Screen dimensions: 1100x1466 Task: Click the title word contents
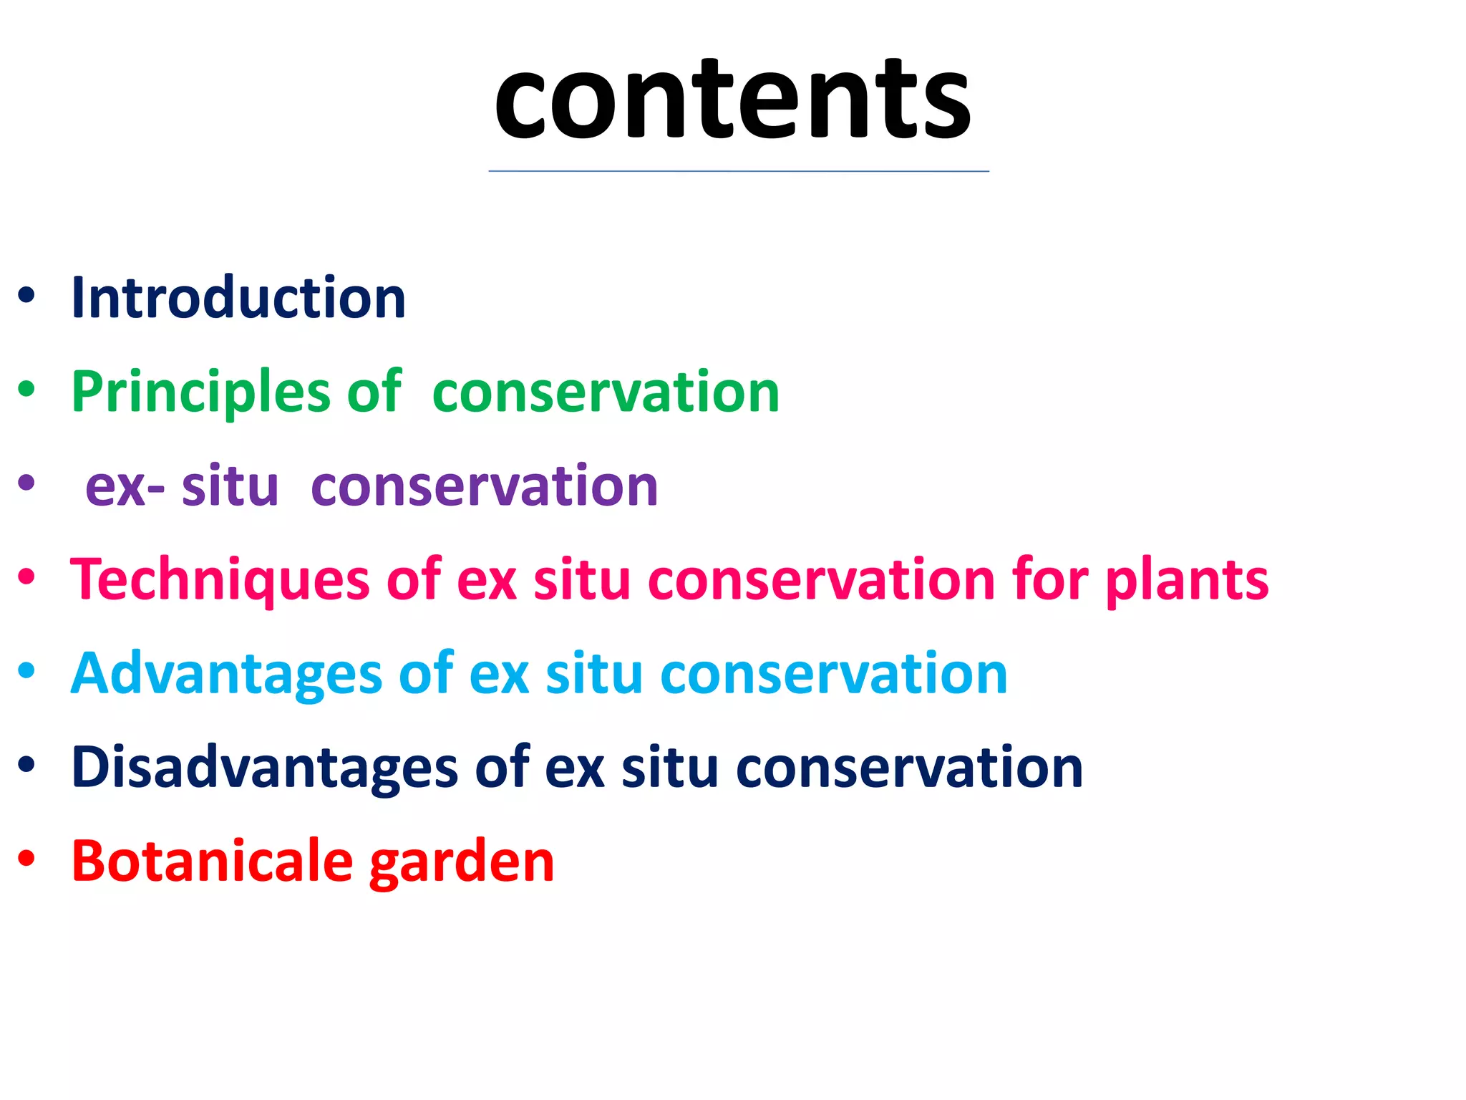pos(732,100)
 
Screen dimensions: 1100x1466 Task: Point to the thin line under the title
pos(739,171)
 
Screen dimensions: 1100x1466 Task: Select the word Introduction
pos(238,297)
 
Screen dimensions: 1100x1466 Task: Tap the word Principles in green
pos(200,392)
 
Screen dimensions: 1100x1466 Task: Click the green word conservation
pos(606,392)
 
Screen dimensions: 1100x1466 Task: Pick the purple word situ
pos(230,486)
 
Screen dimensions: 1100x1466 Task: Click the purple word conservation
pos(484,486)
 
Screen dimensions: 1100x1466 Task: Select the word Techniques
pos(220,579)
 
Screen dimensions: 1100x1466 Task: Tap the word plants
pos(1187,579)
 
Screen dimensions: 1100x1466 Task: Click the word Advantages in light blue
pos(227,673)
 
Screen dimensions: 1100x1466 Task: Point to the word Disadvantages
pos(264,767)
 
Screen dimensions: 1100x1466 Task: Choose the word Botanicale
pos(212,861)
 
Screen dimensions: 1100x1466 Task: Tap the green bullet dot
pos(26,390)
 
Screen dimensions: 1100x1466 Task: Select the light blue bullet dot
pos(26,671)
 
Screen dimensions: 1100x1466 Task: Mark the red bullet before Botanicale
pos(26,859)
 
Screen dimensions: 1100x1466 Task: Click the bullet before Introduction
pos(26,296)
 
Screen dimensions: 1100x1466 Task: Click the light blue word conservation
pos(833,673)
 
